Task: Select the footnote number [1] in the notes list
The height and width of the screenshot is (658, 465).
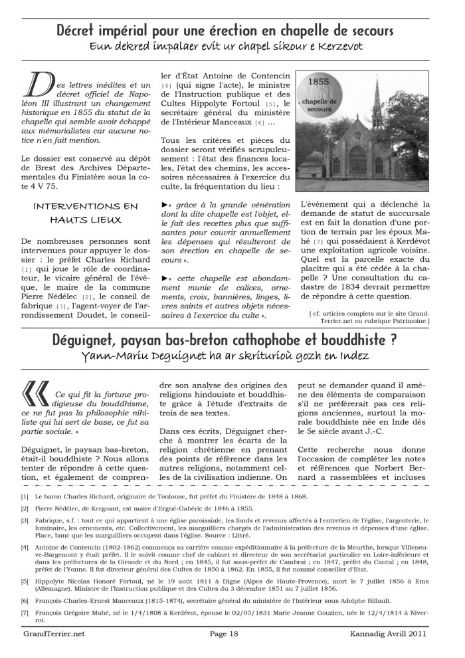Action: pos(25,496)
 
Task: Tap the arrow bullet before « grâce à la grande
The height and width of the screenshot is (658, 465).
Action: pos(164,205)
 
